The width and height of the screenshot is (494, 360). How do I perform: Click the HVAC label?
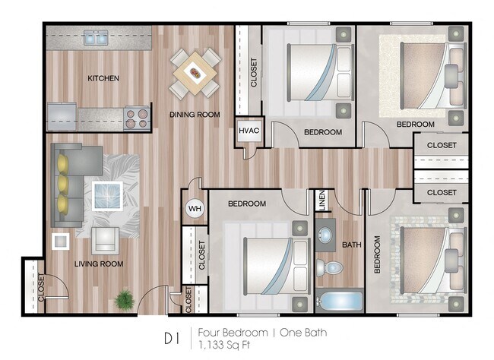coord(249,131)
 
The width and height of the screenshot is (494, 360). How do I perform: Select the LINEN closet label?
coord(321,201)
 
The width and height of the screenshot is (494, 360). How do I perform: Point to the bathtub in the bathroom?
coord(339,301)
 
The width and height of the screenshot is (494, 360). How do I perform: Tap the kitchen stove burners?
coord(137,118)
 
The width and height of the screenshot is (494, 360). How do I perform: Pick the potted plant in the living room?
coord(124,299)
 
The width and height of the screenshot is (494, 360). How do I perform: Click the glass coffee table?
coord(108,195)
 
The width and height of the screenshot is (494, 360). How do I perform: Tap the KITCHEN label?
coord(103,77)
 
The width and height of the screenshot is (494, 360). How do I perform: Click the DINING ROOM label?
coord(195,115)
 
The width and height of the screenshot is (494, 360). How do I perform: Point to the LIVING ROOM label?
coord(99,264)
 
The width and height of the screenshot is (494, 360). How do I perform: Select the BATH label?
coord(351,245)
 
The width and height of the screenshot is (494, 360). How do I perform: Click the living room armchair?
coord(103,240)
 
